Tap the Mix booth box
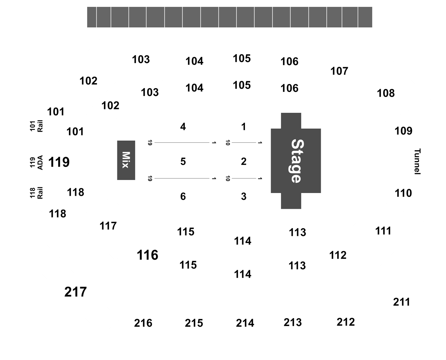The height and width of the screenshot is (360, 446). [126, 160]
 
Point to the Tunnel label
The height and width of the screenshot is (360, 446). [417, 161]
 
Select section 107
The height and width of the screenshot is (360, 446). [339, 71]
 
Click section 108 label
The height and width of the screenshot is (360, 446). [386, 93]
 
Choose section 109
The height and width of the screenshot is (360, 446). [403, 131]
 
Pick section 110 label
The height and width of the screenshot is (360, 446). [403, 193]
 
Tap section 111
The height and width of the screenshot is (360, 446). [383, 231]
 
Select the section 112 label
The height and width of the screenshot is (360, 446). [338, 255]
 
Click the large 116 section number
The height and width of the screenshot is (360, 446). [148, 255]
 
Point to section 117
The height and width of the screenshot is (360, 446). [108, 226]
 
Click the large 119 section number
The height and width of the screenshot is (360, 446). [59, 162]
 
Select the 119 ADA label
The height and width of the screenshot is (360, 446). [36, 163]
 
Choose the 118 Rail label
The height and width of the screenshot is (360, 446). [36, 193]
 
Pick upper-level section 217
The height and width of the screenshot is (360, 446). [75, 292]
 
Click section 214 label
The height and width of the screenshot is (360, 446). [245, 323]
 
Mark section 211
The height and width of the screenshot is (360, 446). [401, 302]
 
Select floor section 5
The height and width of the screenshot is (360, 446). [183, 161]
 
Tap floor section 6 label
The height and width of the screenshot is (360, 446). [183, 196]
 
